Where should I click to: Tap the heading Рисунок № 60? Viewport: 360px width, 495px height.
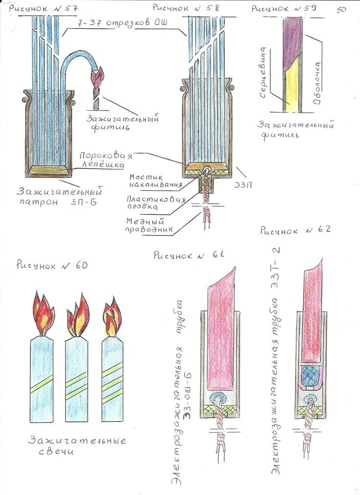52,265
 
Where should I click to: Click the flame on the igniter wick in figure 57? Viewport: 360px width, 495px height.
97,78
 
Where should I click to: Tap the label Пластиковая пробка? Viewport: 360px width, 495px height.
154,203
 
